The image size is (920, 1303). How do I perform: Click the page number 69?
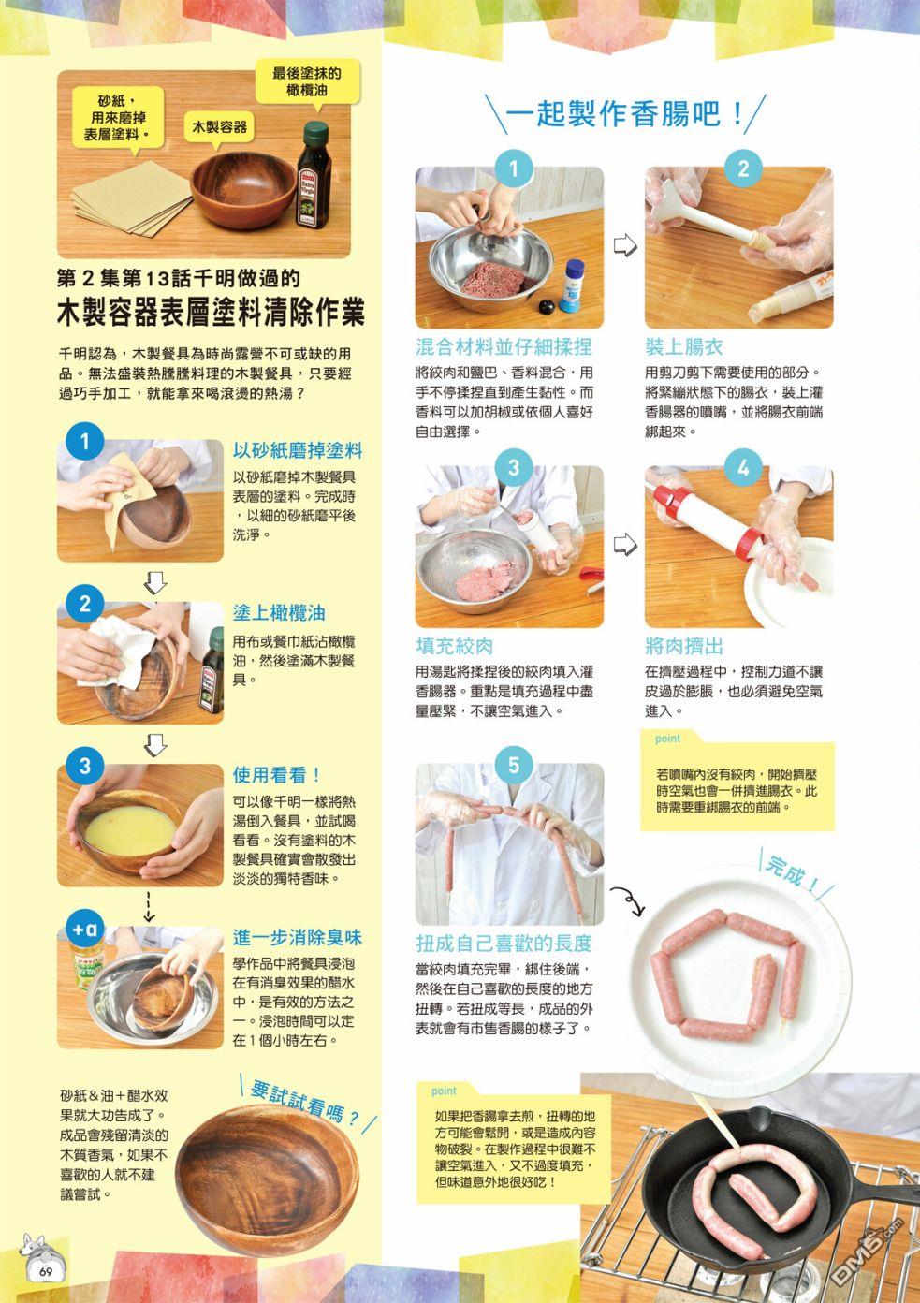46,1271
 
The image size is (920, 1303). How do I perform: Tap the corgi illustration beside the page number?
37,1255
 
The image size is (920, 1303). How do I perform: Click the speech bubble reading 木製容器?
220,127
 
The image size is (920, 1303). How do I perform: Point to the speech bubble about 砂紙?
118,119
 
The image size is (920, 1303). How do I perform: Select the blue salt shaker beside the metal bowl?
572,285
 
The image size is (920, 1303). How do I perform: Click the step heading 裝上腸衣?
683,346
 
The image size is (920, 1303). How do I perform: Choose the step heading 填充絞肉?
454,646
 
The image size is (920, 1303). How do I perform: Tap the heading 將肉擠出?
684,646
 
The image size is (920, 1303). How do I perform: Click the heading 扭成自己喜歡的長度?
504,943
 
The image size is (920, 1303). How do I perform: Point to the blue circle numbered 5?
514,765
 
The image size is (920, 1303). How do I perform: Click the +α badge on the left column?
85,929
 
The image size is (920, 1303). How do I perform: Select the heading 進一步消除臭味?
298,938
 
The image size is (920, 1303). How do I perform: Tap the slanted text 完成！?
793,873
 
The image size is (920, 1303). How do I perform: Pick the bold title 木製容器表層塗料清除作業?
211,313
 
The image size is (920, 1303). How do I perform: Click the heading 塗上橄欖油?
279,613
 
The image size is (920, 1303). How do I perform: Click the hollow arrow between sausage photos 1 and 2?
625,245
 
